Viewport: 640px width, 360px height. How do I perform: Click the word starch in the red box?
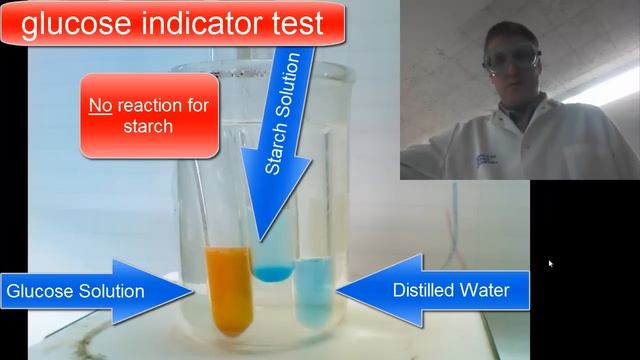point(150,127)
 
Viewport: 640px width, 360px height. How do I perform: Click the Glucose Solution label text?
point(76,292)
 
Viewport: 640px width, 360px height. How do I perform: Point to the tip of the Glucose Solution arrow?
point(196,292)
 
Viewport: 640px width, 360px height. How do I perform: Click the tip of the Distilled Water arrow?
point(338,291)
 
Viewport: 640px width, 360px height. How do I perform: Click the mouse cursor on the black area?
point(550,264)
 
